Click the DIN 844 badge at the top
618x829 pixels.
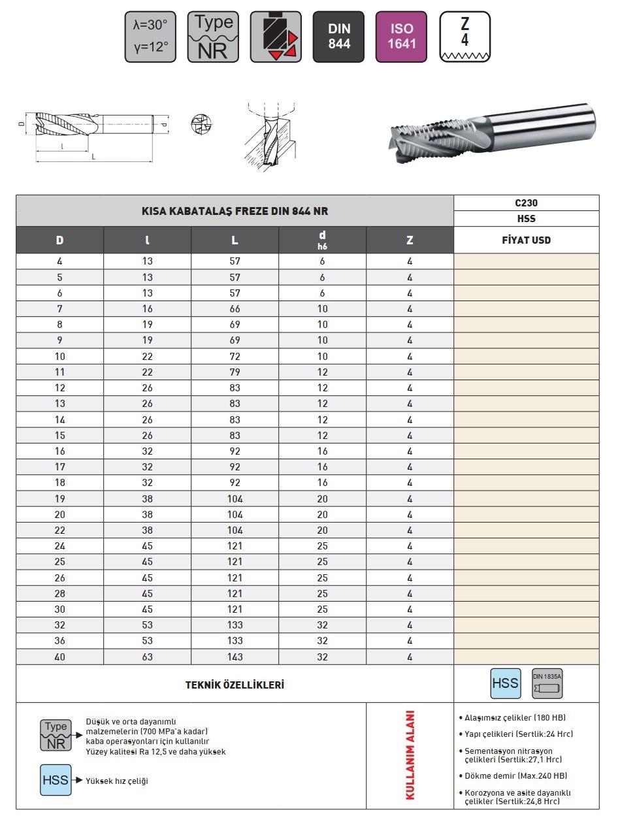click(338, 37)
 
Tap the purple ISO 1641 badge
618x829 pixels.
click(401, 37)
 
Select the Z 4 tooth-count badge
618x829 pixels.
click(464, 37)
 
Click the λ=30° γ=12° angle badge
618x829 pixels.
click(150, 37)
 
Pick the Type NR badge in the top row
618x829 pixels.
click(213, 37)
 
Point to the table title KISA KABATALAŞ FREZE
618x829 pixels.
click(235, 211)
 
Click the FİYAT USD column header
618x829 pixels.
click(525, 240)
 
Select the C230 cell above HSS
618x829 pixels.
click(525, 203)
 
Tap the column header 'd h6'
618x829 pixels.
click(322, 240)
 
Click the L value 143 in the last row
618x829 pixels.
click(235, 657)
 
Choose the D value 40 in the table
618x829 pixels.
click(59, 657)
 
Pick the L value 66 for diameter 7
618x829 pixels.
click(235, 308)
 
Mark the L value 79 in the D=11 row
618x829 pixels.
click(235, 372)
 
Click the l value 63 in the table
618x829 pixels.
click(147, 657)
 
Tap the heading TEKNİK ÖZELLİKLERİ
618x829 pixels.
click(235, 685)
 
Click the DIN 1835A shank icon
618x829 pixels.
click(547, 683)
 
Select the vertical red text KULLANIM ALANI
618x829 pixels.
click(410, 755)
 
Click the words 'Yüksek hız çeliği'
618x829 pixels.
click(117, 781)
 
